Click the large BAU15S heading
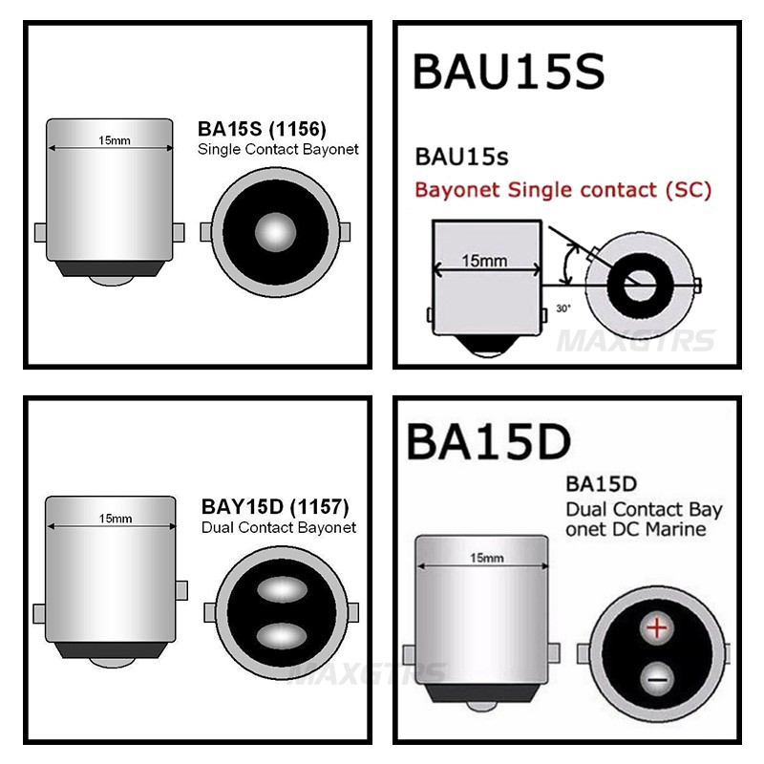[508, 73]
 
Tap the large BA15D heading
[488, 442]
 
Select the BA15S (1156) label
[262, 129]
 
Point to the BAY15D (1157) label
[275, 507]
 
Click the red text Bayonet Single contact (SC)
[563, 189]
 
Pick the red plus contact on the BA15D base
[657, 627]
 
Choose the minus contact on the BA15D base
[657, 679]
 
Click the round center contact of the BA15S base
[275, 232]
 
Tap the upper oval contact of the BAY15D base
[282, 589]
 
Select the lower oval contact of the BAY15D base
[282, 635]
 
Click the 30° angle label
[563, 308]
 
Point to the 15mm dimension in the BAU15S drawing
[484, 261]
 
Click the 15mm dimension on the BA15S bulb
[115, 140]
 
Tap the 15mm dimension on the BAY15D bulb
[116, 519]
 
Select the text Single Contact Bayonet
[278, 149]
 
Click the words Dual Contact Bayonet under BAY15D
[279, 528]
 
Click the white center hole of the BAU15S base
[640, 285]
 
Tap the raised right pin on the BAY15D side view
[181, 590]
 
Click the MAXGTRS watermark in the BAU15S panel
[636, 341]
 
